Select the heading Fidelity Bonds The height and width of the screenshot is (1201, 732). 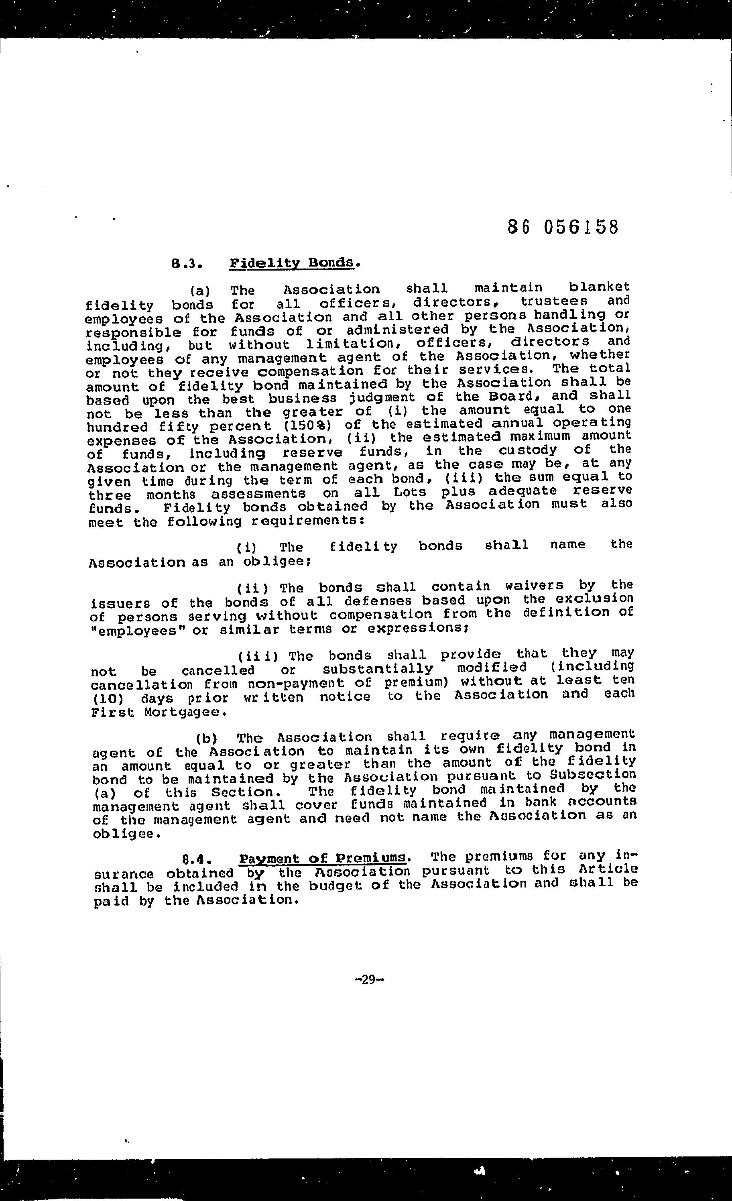pos(291,263)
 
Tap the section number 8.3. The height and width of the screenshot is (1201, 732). pos(187,264)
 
